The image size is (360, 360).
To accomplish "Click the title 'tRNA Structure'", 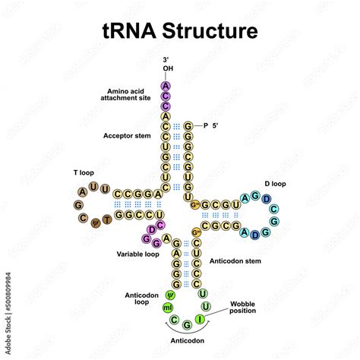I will (180, 31).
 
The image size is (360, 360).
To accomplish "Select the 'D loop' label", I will (275, 183).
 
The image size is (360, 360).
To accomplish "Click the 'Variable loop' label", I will (139, 252).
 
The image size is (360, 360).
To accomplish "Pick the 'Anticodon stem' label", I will (236, 261).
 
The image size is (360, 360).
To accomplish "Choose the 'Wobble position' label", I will (245, 306).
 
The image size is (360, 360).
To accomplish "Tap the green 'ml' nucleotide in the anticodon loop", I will (166, 308).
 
